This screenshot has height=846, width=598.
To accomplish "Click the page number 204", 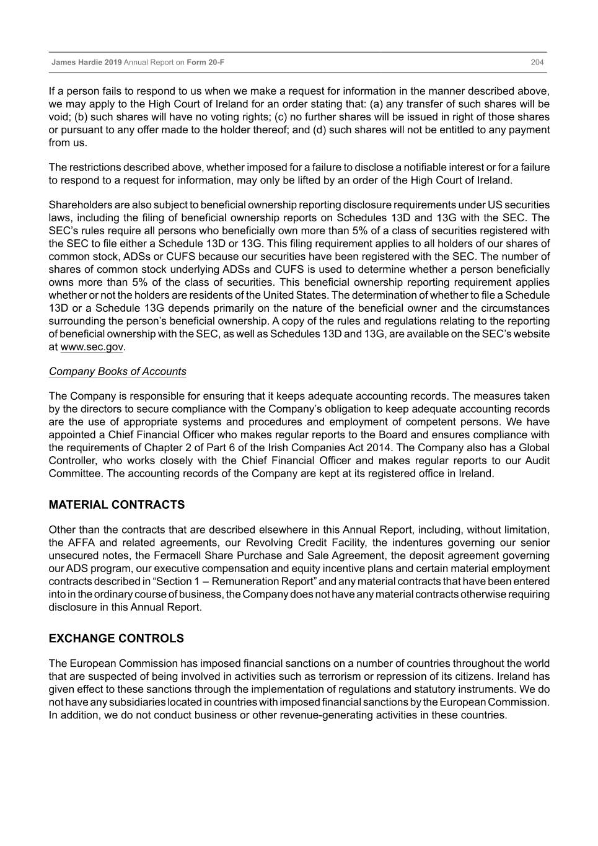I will pyautogui.click(x=537, y=62).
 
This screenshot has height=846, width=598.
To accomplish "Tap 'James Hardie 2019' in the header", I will pyautogui.click(x=87, y=62).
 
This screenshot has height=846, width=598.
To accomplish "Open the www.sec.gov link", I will pyautogui.click(x=92, y=347).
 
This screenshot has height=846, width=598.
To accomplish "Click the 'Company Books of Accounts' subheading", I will pyautogui.click(x=117, y=372).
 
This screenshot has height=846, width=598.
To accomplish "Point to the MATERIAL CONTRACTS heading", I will pyautogui.click(x=117, y=505).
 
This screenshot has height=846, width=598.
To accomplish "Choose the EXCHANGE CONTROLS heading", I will pyautogui.click(x=116, y=639).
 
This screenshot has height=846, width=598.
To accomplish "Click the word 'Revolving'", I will pyautogui.click(x=268, y=543).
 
